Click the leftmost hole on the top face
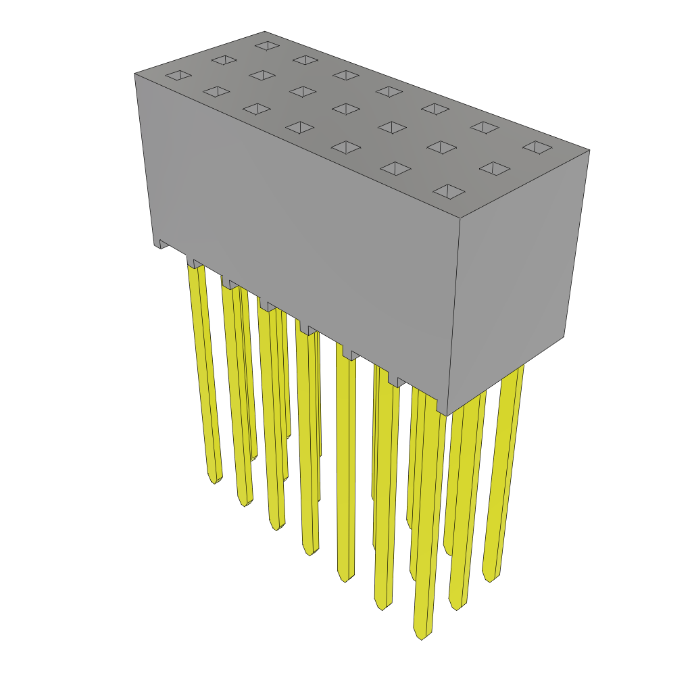[178, 75]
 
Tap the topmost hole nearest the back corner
[268, 46]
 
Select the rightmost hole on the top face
[537, 147]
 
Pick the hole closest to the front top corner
[449, 191]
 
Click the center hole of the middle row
[346, 109]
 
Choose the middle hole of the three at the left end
[224, 60]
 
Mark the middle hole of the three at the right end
[495, 168]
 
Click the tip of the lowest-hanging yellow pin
[420, 635]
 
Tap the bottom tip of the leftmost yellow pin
[214, 480]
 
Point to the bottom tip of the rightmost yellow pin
[490, 578]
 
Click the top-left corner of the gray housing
[135, 74]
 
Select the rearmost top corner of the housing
[264, 32]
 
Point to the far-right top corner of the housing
[589, 150]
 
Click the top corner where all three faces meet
[460, 218]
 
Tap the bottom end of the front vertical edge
[447, 415]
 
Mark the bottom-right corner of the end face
[564, 337]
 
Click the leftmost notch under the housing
[162, 244]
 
